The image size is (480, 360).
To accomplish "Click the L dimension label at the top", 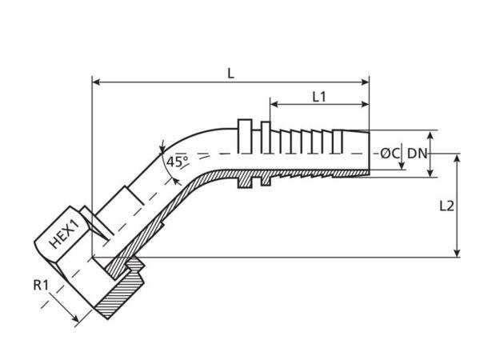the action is [231, 74].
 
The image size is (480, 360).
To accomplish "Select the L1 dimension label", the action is [319, 97].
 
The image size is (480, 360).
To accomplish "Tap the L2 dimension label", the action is [446, 206].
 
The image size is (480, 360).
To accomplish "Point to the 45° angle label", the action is [178, 162].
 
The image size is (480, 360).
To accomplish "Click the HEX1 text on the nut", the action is [65, 234].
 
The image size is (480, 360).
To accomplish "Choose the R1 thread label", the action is [41, 286].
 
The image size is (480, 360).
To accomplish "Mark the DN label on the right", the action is [417, 154].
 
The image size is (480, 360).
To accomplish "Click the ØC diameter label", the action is [390, 154].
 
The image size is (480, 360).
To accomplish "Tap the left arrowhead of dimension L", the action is [97, 82].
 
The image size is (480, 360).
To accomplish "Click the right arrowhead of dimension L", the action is [366, 82].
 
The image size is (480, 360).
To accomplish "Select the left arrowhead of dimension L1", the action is [274, 104].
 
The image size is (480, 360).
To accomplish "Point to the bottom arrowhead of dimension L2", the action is [457, 253].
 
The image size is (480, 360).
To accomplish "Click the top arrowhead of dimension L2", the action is [457, 158].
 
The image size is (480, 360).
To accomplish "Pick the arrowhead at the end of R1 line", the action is [74, 318].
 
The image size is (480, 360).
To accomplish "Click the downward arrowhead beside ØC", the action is [402, 166].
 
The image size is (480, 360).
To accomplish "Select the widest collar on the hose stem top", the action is [245, 136].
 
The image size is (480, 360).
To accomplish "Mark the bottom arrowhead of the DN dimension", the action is [430, 173].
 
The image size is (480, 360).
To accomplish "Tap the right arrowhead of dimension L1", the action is [366, 104].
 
